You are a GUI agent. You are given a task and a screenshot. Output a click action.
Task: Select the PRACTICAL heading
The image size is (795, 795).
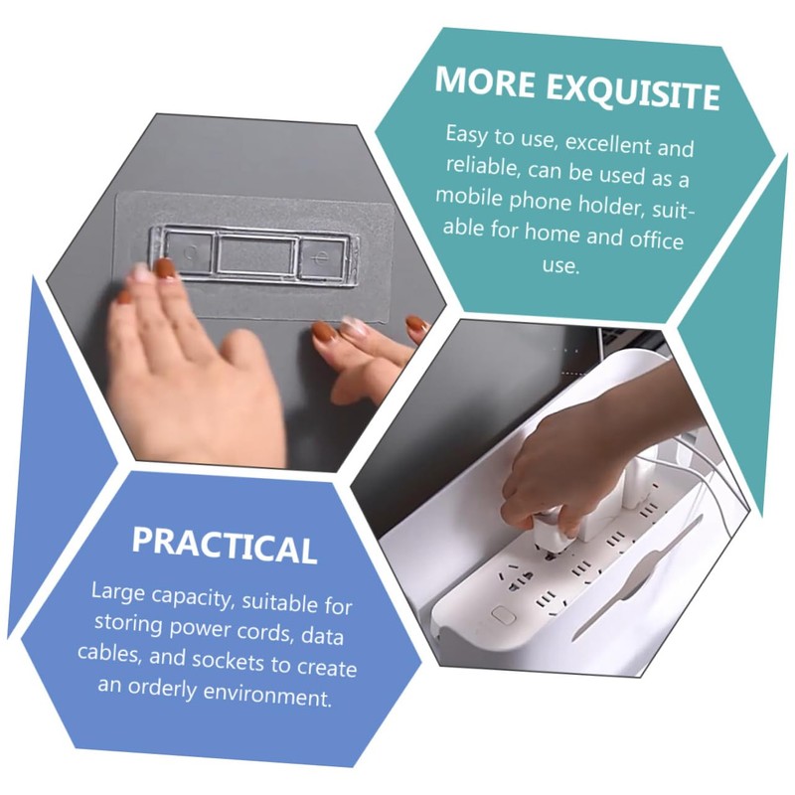pos(225,545)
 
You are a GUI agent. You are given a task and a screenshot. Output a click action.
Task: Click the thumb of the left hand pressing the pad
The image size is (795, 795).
pos(239,349)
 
